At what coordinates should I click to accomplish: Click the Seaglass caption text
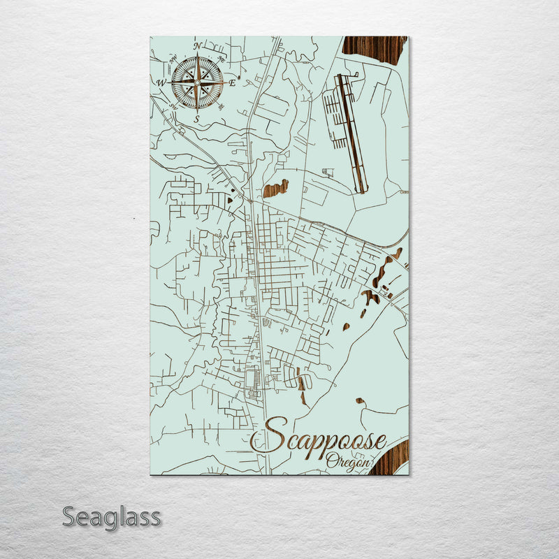tap(111, 518)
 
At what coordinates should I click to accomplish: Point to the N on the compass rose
tap(197, 47)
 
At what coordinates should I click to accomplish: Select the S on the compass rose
tap(197, 119)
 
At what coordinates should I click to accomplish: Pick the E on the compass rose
tap(232, 82)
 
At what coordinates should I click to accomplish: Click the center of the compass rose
tap(197, 82)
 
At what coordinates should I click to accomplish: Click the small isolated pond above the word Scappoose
tap(360, 401)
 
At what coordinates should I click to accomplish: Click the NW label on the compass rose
tap(173, 58)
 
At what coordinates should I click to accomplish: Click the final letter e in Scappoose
tap(379, 442)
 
